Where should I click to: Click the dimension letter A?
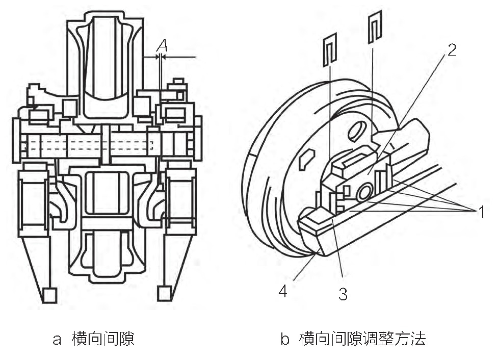pyautogui.click(x=162, y=45)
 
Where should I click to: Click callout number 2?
pyautogui.click(x=452, y=49)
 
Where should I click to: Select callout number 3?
pyautogui.click(x=343, y=294)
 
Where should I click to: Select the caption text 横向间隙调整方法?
pyautogui.click(x=362, y=339)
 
